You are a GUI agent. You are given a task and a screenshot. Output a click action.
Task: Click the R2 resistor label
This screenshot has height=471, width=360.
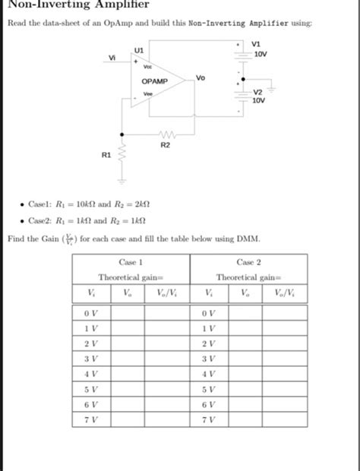pos(166,143)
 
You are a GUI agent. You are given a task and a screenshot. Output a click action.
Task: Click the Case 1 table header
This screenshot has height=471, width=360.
pos(132,261)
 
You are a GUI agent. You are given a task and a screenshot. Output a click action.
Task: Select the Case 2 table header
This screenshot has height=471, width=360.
pos(250,261)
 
